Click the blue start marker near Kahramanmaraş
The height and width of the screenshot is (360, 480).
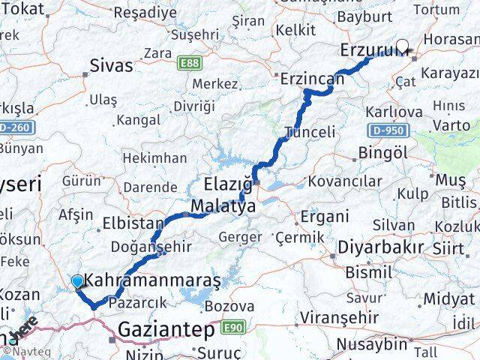[x=78, y=281]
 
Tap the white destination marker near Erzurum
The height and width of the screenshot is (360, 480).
[x=403, y=46]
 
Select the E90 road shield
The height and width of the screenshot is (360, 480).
[x=232, y=327]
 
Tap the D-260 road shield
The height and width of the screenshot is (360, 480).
[x=13, y=127]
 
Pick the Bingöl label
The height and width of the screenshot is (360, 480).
[x=382, y=152]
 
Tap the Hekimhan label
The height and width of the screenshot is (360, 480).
[x=154, y=158]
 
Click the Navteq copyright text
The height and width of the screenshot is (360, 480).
[x=25, y=351]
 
